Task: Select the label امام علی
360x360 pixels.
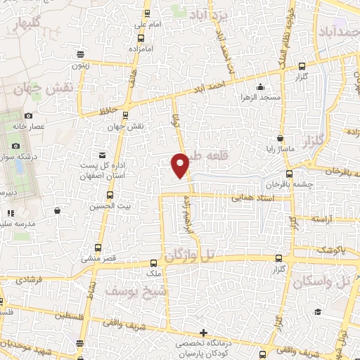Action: (x=148, y=25)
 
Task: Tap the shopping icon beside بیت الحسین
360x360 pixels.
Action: (x=57, y=210)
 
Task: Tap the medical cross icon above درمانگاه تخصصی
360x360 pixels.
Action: (x=203, y=332)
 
